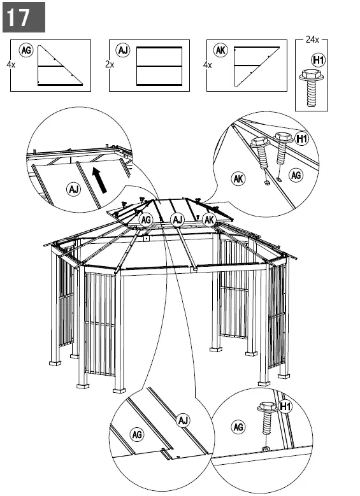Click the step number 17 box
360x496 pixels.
coord(24,17)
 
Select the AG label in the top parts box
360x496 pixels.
coord(26,50)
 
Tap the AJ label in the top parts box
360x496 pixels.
coord(122,50)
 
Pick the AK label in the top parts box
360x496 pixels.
coord(220,50)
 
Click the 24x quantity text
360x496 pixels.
coord(312,39)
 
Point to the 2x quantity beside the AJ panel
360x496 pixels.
coord(109,65)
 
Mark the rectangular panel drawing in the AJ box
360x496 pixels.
coord(159,66)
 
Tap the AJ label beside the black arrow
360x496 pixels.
coord(74,188)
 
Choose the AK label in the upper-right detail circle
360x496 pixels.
coord(238,179)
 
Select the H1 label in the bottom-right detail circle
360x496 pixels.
coord(285,406)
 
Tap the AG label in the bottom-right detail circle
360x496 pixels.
coord(239,427)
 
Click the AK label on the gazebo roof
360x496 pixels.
coord(209,220)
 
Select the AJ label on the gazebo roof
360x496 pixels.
coord(178,220)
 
